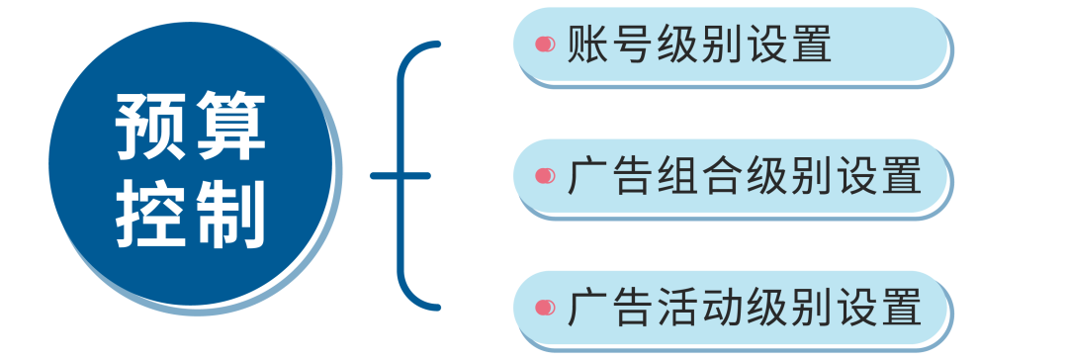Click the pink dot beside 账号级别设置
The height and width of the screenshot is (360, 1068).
pyautogui.click(x=543, y=45)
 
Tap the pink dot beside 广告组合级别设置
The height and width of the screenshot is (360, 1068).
pyautogui.click(x=543, y=176)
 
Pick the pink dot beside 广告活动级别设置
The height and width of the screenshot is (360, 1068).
pyautogui.click(x=543, y=308)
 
